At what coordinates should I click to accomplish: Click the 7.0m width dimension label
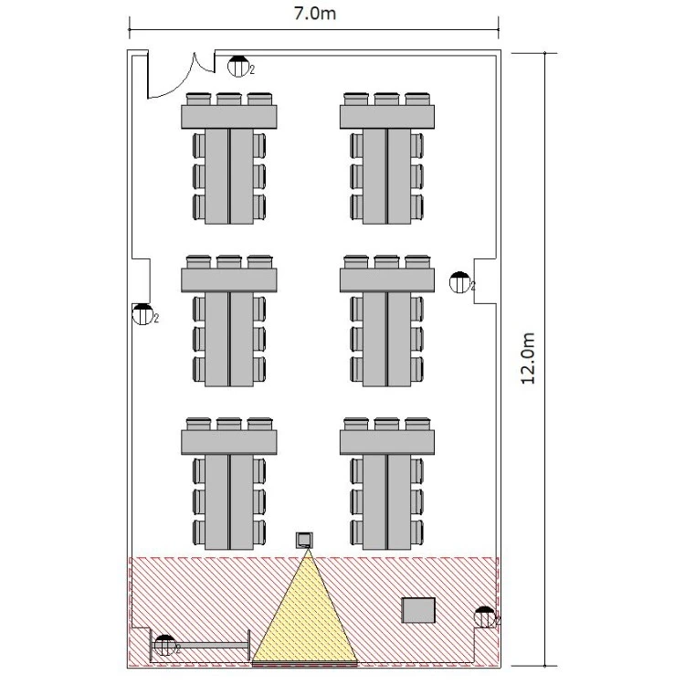click(x=314, y=14)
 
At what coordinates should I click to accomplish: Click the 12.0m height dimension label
click(x=528, y=358)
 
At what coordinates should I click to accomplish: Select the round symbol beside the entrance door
click(x=238, y=67)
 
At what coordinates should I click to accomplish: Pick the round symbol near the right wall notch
click(x=459, y=282)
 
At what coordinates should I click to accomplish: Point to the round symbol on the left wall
click(x=142, y=314)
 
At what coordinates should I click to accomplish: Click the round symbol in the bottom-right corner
click(x=485, y=617)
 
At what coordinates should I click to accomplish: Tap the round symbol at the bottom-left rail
click(x=165, y=645)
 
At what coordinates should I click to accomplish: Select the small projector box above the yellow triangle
click(x=304, y=541)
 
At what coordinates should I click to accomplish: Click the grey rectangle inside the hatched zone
click(x=418, y=610)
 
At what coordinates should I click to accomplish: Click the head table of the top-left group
click(x=229, y=117)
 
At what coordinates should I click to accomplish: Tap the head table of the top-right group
click(x=387, y=117)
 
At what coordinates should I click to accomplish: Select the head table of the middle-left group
click(x=229, y=280)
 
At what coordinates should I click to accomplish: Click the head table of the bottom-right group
click(x=387, y=442)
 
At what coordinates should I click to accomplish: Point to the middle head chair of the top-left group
click(x=229, y=99)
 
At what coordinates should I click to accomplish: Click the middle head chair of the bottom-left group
click(x=229, y=424)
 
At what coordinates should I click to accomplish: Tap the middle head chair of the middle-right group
click(x=386, y=262)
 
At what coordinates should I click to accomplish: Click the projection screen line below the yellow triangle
click(x=305, y=664)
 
